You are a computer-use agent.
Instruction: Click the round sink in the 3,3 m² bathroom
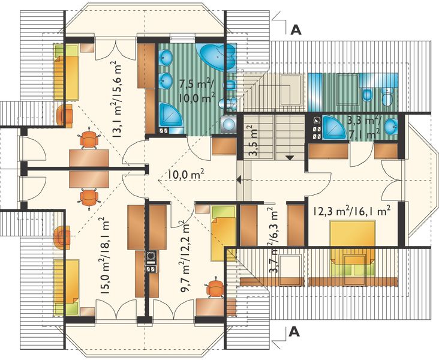(x=390, y=125)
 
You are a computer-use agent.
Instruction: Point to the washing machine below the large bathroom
(x=227, y=124)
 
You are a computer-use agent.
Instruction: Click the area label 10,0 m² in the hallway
(x=186, y=175)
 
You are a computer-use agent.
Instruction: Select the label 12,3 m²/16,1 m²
(x=351, y=211)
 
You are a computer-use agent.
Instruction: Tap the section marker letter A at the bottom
(x=294, y=331)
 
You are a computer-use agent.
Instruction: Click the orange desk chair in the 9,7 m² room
(x=215, y=289)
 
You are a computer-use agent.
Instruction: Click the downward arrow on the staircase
(x=289, y=157)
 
